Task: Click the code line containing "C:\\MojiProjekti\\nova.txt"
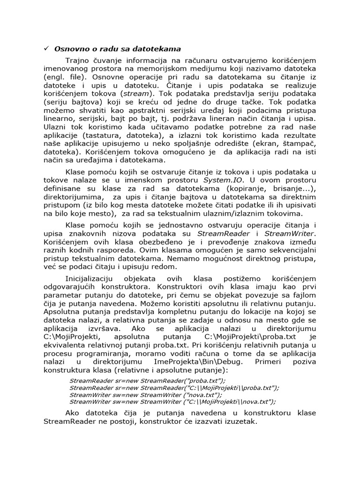[x=172, y=401]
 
